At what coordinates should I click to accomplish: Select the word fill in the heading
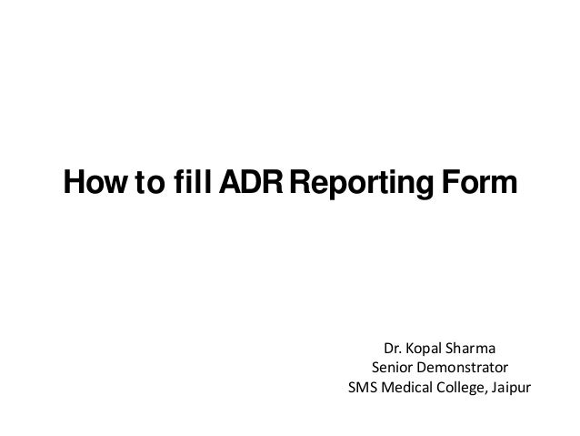(190, 182)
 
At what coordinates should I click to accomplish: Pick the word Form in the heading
(485, 182)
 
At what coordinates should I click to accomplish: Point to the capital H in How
(70, 182)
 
